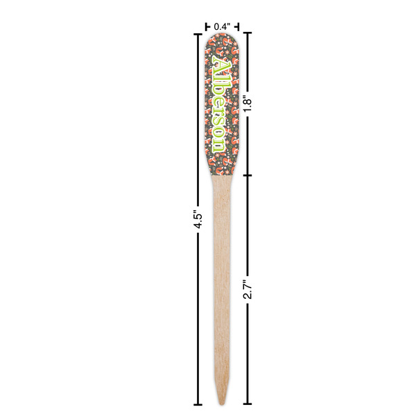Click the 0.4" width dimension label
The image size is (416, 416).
[222, 26]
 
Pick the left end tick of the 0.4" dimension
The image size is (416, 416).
[206, 26]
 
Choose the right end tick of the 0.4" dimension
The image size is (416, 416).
[239, 26]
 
